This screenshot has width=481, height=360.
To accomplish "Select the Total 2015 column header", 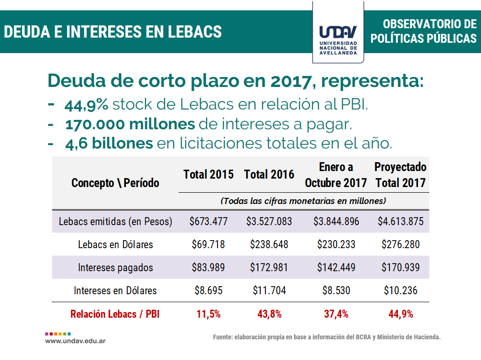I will pyautogui.click(x=208, y=175).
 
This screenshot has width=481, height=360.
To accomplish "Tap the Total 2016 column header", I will pyautogui.click(x=269, y=175).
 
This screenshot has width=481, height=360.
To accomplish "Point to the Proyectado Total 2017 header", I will pyautogui.click(x=400, y=175).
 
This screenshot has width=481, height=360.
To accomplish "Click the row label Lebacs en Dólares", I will pyautogui.click(x=116, y=244).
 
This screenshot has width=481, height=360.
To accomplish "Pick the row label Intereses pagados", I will pyautogui.click(x=116, y=267).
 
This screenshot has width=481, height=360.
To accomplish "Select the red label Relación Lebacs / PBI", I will pyautogui.click(x=115, y=314).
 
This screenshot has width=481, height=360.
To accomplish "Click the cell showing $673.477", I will pyautogui.click(x=209, y=221).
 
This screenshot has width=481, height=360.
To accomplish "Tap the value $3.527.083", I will pyautogui.click(x=269, y=221).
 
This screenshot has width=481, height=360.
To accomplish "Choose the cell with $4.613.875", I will pyautogui.click(x=401, y=221).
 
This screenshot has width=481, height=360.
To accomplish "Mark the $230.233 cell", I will pyautogui.click(x=336, y=244).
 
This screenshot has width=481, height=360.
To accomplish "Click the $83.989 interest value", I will pyautogui.click(x=209, y=267).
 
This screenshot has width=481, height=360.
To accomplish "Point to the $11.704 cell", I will pyautogui.click(x=269, y=290).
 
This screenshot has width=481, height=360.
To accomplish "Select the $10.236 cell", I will pyautogui.click(x=401, y=290).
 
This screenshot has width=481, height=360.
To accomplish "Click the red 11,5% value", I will pyautogui.click(x=209, y=314).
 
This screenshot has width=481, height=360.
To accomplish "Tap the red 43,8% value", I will pyautogui.click(x=269, y=314).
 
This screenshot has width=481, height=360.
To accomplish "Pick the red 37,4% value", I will pyautogui.click(x=336, y=314).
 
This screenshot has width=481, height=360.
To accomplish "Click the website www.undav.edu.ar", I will pyautogui.click(x=75, y=340).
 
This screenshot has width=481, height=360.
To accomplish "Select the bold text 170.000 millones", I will pyautogui.click(x=130, y=125).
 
